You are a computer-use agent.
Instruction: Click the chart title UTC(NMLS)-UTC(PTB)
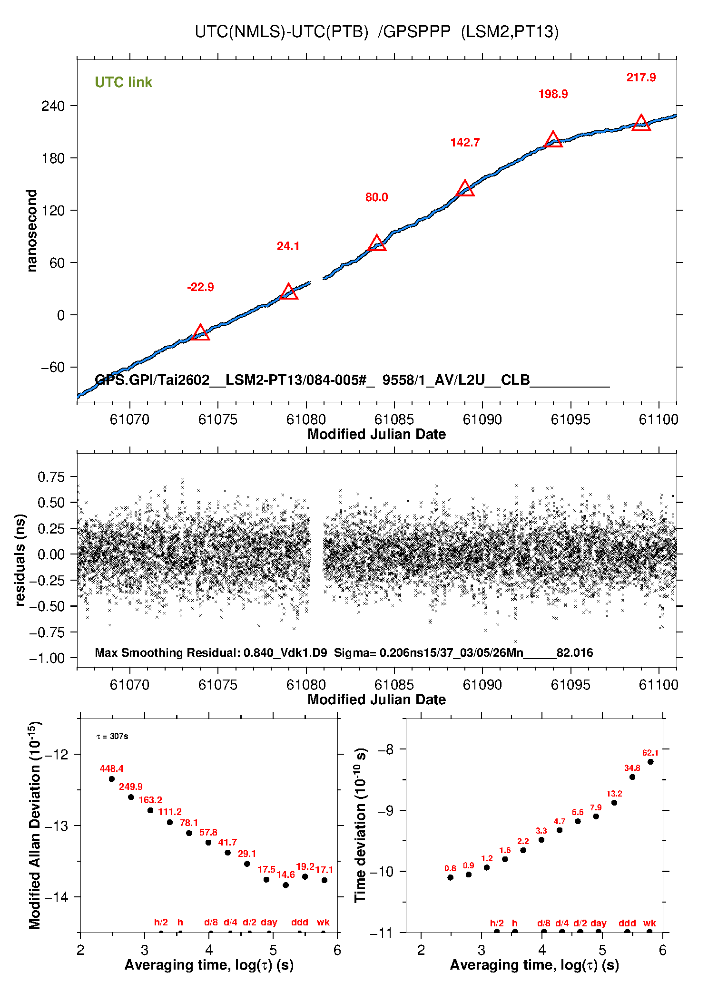(282, 32)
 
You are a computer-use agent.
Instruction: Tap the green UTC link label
(123, 82)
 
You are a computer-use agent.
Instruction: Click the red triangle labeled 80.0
(377, 243)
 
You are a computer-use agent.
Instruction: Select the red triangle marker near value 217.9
(641, 123)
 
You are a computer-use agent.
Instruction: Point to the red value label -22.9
(200, 287)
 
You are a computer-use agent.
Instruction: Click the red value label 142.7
(465, 143)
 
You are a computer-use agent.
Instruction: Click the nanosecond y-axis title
(31, 231)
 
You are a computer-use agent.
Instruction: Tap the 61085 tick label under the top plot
(394, 419)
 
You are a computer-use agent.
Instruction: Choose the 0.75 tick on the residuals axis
(51, 477)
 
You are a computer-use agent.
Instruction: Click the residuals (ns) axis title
(20, 560)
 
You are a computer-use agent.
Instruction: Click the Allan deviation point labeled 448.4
(112, 779)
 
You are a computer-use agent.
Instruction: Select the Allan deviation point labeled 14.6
(285, 885)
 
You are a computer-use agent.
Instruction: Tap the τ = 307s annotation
(112, 737)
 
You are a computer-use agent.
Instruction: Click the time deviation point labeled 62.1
(650, 762)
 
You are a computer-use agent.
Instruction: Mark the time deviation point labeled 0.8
(450, 877)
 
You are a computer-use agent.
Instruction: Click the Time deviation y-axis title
(360, 825)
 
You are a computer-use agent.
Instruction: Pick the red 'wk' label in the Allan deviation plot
(323, 923)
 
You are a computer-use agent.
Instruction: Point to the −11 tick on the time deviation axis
(381, 933)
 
